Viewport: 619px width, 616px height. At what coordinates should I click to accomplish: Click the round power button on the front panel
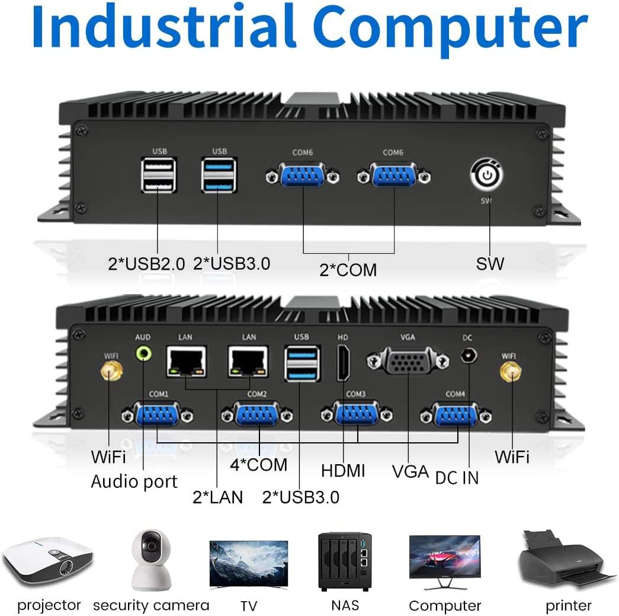tap(487, 175)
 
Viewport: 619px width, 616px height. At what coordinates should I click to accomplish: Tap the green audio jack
tap(144, 353)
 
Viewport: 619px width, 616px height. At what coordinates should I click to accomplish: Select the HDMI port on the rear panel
tap(343, 363)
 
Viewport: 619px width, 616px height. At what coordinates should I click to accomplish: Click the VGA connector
tap(408, 360)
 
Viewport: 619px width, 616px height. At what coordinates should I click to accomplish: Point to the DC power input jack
tap(469, 355)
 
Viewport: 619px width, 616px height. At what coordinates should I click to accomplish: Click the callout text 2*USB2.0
tap(146, 264)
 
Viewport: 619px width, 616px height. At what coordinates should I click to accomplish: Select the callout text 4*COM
tap(259, 465)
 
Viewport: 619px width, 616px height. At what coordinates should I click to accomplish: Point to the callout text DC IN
tap(457, 478)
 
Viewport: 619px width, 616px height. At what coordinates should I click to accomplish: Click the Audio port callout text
tap(134, 481)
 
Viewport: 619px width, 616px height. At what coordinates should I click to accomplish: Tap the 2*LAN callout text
tap(217, 497)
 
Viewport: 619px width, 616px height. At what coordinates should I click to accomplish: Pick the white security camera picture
tap(151, 560)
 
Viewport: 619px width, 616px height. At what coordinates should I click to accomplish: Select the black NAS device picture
tap(345, 562)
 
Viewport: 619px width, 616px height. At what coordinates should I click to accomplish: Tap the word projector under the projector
tap(49, 605)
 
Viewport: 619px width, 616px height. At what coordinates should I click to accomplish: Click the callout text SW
tap(490, 264)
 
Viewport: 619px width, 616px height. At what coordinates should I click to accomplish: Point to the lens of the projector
tap(66, 569)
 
